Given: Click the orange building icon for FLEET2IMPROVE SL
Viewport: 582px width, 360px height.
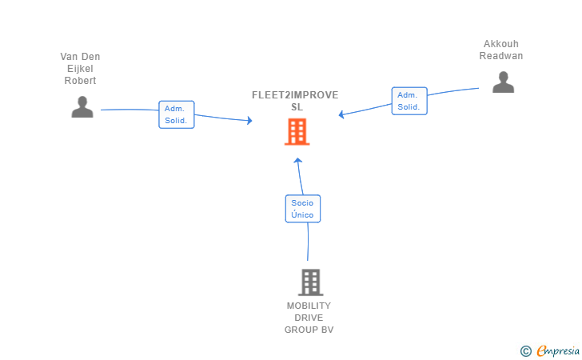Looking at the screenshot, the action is pyautogui.click(x=297, y=131).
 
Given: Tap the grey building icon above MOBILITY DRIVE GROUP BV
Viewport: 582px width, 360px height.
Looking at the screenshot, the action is pyautogui.click(x=311, y=282).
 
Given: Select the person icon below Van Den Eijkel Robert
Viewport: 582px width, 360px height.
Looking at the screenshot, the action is pyautogui.click(x=82, y=107).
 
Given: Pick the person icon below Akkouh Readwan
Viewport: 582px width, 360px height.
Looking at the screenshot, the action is pyautogui.click(x=504, y=82).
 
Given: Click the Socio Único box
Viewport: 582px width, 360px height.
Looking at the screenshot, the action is pyautogui.click(x=303, y=209).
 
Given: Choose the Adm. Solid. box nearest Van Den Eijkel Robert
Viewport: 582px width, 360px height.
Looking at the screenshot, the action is pyautogui.click(x=177, y=114).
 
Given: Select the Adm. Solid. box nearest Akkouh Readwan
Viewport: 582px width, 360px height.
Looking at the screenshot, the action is pyautogui.click(x=409, y=101).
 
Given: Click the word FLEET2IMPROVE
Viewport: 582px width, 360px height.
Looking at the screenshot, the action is pyautogui.click(x=295, y=95).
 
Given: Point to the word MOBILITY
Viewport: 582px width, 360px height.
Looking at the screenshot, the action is pyautogui.click(x=309, y=306).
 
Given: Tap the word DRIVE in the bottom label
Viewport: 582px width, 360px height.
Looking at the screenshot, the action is pyautogui.click(x=309, y=318).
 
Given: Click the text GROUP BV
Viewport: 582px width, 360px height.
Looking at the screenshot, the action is pyautogui.click(x=309, y=330).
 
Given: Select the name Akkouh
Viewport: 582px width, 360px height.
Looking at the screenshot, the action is pyautogui.click(x=501, y=44).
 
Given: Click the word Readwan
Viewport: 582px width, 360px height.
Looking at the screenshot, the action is pyautogui.click(x=501, y=56).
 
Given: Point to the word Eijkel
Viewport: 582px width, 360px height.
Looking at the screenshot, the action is pyautogui.click(x=80, y=69).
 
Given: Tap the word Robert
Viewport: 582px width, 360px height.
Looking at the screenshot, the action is pyautogui.click(x=80, y=81).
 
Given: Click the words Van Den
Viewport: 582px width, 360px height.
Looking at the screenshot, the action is pyautogui.click(x=80, y=57).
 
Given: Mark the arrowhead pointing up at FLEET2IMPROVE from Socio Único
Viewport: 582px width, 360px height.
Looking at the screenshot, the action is pyautogui.click(x=297, y=161).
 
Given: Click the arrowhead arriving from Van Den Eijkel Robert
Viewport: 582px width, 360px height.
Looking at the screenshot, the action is pyautogui.click(x=249, y=120).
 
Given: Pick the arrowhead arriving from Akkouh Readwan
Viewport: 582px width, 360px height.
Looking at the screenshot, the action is pyautogui.click(x=341, y=114).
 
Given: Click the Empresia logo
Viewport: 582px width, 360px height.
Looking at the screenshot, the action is pyautogui.click(x=550, y=351).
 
